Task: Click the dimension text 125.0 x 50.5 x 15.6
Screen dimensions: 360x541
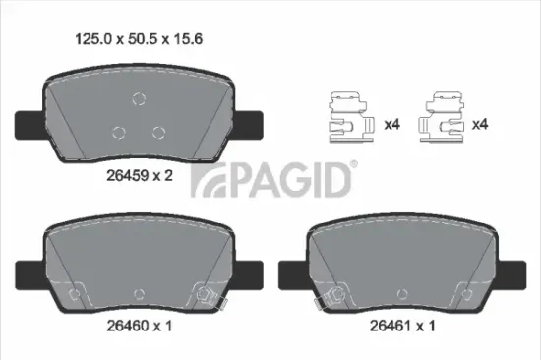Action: [x=140, y=40]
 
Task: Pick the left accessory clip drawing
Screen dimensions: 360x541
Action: [x=347, y=117]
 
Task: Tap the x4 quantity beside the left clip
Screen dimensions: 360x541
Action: [x=391, y=125]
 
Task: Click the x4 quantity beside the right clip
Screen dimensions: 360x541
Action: [x=481, y=125]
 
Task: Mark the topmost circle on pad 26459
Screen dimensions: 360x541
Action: [x=138, y=96]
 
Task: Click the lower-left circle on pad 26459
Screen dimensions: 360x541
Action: [x=118, y=131]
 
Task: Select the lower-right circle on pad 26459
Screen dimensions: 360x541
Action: [x=157, y=131]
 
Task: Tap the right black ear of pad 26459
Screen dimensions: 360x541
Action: [x=250, y=124]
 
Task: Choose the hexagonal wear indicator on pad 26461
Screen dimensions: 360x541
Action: [x=336, y=291]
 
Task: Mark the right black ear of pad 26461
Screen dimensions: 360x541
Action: [x=512, y=268]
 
